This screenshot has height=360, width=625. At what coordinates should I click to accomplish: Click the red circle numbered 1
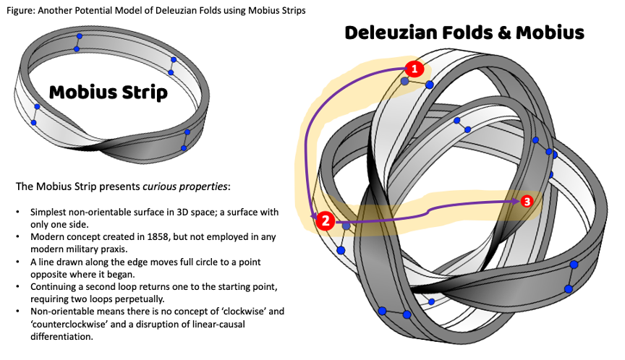pos(414,69)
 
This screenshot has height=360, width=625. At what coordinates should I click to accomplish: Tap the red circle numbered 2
pos(326,221)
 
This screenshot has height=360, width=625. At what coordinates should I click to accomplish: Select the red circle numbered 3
pos(527,201)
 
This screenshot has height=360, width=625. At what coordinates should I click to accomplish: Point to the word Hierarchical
pos(150,194)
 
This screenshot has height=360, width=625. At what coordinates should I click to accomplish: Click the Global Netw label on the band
pos(170,85)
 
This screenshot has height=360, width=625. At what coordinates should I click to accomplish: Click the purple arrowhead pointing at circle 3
pos(516,202)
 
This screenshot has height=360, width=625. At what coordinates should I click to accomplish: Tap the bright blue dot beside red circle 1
pos(429,85)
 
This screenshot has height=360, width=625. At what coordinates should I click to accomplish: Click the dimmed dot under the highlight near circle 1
pos(404,82)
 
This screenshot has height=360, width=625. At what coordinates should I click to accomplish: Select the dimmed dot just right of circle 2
pos(346,226)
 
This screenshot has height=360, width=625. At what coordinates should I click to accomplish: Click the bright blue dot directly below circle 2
pos(341,250)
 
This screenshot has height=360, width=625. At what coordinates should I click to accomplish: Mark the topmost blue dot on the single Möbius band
pos(80,36)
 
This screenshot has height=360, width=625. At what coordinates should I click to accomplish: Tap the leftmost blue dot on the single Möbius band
pos(33,123)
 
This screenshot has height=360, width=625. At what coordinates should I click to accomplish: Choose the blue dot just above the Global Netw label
pos(174,59)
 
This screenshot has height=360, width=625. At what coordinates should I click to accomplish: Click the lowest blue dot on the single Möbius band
pos(184,148)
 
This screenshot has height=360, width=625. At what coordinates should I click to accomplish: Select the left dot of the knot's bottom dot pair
pos(382,311)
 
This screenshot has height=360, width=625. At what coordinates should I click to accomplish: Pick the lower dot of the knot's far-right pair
pos(569,289)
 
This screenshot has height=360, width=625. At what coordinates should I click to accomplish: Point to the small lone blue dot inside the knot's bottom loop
pos(432,301)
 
